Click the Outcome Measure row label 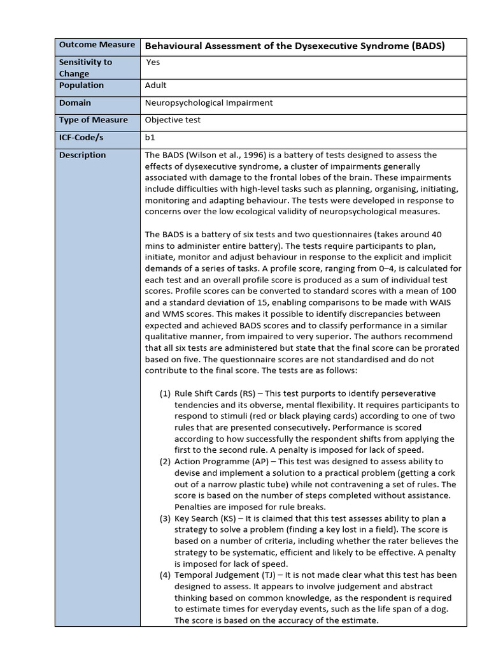coord(97,45)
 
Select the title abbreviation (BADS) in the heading coord(428,46)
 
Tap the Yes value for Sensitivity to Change coord(153,62)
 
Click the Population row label coord(81,85)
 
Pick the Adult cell coord(156,85)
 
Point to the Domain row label coord(75,103)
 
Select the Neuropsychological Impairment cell coord(209,103)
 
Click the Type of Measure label coord(93,120)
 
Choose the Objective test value coord(172,120)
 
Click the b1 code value coord(150,137)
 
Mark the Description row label coord(82,155)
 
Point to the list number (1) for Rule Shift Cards coord(164,393)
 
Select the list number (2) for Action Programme coord(164,462)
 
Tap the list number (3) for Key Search coord(164,518)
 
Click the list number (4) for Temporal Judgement coord(164,575)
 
